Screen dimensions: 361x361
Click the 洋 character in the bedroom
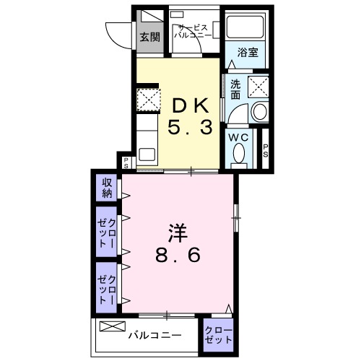(178, 232)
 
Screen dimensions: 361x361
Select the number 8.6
(178, 257)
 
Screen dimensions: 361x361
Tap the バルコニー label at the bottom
(156, 335)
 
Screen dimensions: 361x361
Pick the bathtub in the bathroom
(245, 27)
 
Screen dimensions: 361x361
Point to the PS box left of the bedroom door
(126, 162)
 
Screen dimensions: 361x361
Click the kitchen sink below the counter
(147, 154)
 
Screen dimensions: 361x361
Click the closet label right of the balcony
(218, 335)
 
